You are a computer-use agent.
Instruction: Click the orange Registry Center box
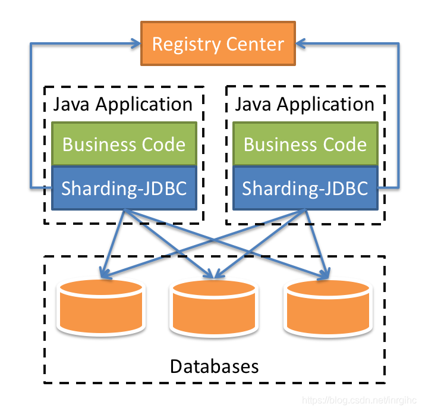point(218,44)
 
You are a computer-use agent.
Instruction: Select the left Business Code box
point(124,144)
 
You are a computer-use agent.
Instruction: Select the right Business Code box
point(305,144)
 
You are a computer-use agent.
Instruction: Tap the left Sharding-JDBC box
point(124,188)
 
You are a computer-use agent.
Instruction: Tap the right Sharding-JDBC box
point(305,188)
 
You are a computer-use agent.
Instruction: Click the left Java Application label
point(123,105)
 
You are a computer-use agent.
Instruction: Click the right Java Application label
point(305,105)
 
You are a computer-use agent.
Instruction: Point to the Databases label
point(214,366)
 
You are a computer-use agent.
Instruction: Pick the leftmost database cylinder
point(100,306)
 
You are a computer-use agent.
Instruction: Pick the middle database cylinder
point(213,306)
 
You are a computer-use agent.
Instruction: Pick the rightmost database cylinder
point(327,306)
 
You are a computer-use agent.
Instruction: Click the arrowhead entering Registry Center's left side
point(134,43)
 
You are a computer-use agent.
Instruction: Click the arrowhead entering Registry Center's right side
point(301,43)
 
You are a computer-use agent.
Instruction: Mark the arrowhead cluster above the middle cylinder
point(212,274)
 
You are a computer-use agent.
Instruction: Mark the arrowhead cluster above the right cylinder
point(324,274)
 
